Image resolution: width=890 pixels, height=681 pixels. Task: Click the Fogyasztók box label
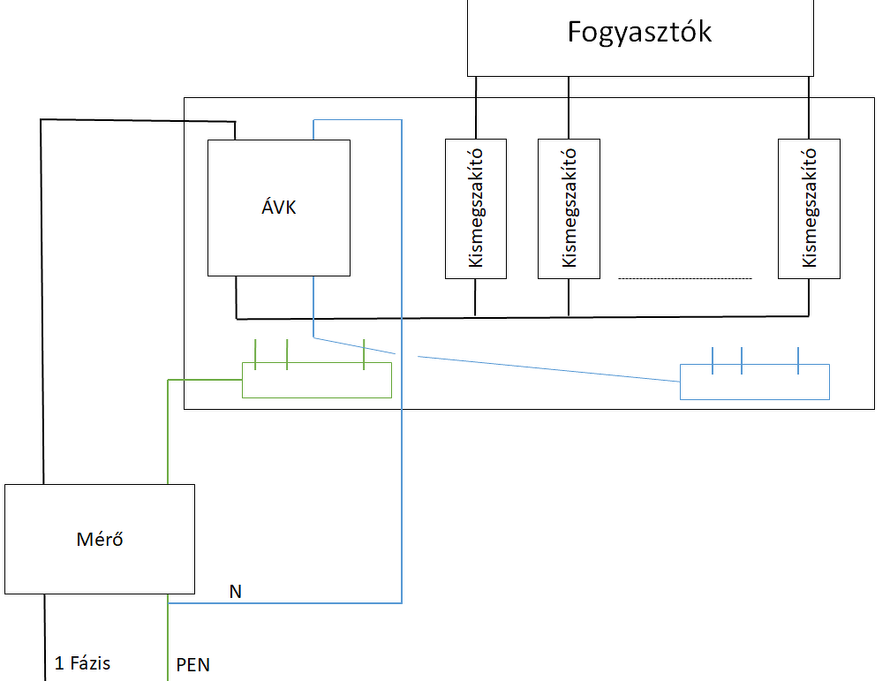tap(640, 33)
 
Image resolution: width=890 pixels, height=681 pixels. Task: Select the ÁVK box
tap(278, 208)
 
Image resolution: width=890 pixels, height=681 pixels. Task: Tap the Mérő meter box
tap(99, 538)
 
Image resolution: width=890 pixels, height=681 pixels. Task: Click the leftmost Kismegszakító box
tap(476, 208)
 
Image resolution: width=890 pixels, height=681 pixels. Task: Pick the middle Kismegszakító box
tap(569, 208)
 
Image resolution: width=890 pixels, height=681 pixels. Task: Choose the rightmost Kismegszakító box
tap(809, 208)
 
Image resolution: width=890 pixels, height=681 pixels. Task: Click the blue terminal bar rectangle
tap(755, 382)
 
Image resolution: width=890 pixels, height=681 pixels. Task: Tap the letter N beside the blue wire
tap(235, 592)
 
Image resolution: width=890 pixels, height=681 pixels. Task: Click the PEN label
tap(193, 664)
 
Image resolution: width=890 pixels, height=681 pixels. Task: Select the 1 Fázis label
tap(82, 662)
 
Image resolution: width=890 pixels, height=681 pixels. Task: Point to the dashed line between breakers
tap(684, 278)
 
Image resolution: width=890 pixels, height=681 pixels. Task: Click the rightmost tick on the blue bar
tap(798, 360)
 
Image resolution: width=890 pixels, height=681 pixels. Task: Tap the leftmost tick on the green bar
tap(255, 353)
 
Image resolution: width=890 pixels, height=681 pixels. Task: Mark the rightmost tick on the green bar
tap(364, 353)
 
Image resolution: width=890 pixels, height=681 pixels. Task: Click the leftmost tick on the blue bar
tap(713, 360)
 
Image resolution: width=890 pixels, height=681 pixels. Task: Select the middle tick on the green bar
tap(287, 353)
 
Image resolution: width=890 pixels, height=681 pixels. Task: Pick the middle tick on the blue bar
tap(742, 360)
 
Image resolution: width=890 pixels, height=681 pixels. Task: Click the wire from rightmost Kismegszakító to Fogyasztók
tap(809, 107)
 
